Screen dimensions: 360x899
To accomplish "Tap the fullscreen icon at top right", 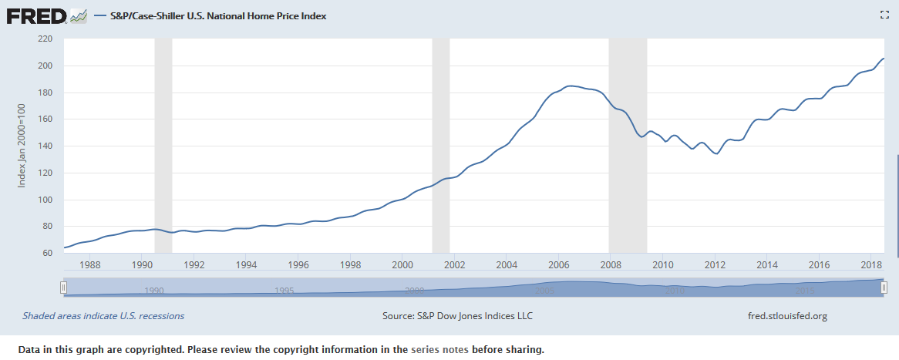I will pos(885,15).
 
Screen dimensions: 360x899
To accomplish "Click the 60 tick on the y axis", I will pos(46,254).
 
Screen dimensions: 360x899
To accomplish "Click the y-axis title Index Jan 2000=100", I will pos(22,146).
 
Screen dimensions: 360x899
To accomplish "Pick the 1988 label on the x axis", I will pos(90,265).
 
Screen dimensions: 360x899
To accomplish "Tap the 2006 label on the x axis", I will pos(559,265).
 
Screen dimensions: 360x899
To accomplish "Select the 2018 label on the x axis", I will pos(871,265).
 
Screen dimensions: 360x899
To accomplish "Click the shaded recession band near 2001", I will pos(441,146).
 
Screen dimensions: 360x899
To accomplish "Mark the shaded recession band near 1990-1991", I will pos(163,146).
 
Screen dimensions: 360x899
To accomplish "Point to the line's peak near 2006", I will pos(570,86).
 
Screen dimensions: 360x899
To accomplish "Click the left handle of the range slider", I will pos(64,288).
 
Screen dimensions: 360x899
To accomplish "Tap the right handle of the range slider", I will pos(884,288).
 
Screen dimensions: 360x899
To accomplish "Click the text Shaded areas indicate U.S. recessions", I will pos(103,316).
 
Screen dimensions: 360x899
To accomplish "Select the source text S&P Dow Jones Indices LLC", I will pos(457,316).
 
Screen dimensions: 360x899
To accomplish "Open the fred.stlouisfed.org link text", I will pos(787,316).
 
